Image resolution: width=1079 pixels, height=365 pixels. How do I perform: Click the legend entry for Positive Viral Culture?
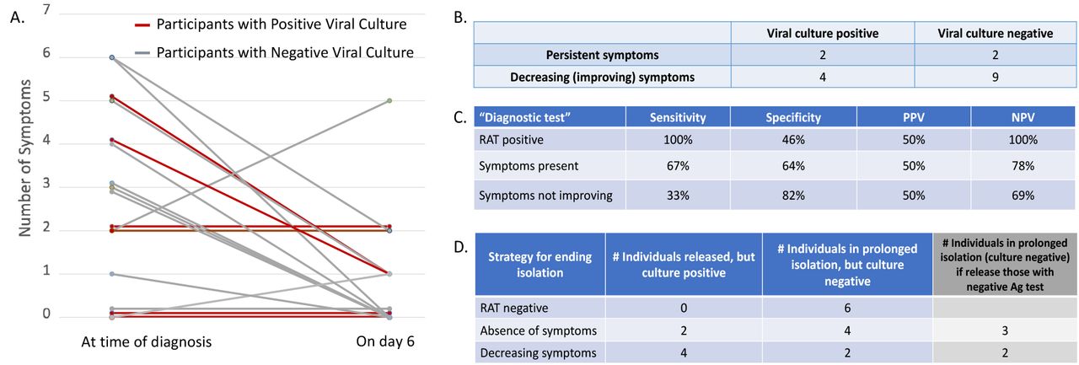(x=271, y=24)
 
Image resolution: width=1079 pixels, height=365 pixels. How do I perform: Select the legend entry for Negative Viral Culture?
(x=274, y=52)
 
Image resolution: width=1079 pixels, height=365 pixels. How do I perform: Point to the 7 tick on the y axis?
(x=46, y=9)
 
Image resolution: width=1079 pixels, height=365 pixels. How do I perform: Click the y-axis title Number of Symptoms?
(x=24, y=158)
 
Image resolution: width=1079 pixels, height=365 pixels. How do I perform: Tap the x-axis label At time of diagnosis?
(x=147, y=342)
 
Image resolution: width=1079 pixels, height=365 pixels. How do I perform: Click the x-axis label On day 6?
(x=385, y=341)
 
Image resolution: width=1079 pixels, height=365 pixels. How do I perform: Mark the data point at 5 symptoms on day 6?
(x=389, y=100)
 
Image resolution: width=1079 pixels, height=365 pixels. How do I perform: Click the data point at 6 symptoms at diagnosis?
(x=112, y=57)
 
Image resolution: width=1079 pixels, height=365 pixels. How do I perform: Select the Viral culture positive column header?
(x=823, y=33)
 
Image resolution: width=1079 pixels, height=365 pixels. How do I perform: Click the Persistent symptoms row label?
(x=602, y=55)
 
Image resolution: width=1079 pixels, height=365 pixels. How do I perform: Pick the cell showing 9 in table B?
(x=996, y=77)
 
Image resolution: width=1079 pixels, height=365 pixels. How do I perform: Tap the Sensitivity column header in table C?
(x=678, y=117)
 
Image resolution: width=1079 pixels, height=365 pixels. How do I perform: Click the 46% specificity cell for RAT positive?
(x=793, y=140)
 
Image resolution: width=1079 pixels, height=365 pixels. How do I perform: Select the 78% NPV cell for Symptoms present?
(x=1023, y=166)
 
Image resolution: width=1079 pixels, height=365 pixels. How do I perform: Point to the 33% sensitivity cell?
(x=678, y=195)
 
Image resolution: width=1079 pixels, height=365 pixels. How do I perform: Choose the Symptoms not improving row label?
(x=545, y=196)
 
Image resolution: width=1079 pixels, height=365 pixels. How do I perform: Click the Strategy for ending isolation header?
(x=540, y=265)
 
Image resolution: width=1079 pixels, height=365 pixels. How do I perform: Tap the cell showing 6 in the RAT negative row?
(x=847, y=308)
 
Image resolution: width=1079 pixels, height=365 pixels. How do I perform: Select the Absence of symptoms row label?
(x=539, y=330)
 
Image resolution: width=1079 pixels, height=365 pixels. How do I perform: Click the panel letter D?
(x=460, y=248)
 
